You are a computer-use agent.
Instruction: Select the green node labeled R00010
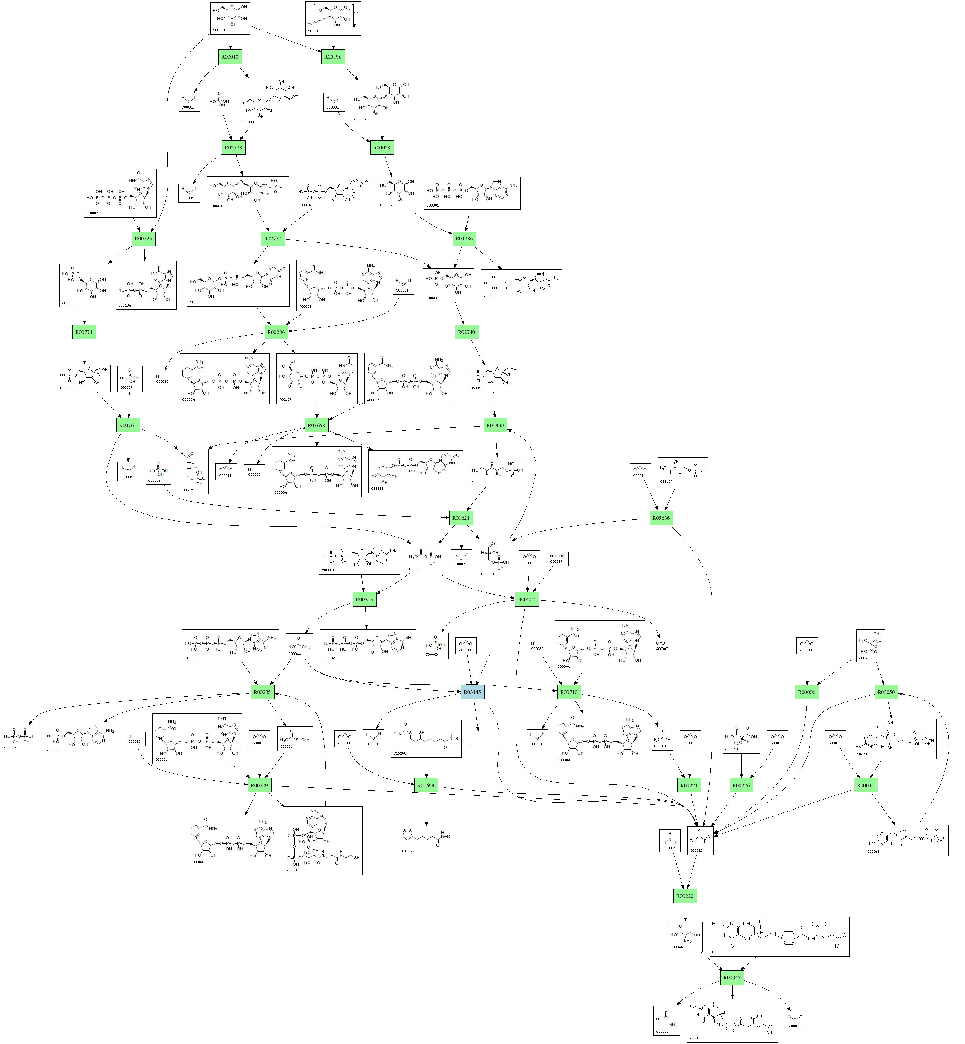click(x=230, y=57)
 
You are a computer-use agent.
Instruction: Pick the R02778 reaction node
click(x=233, y=148)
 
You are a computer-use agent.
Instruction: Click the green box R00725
click(x=143, y=239)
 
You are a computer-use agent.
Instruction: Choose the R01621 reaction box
click(x=461, y=518)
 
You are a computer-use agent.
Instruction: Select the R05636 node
click(x=661, y=518)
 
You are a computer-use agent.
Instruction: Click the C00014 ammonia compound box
click(x=670, y=840)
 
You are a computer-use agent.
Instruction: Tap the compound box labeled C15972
click(x=426, y=840)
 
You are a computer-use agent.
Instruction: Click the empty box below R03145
click(x=479, y=739)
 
